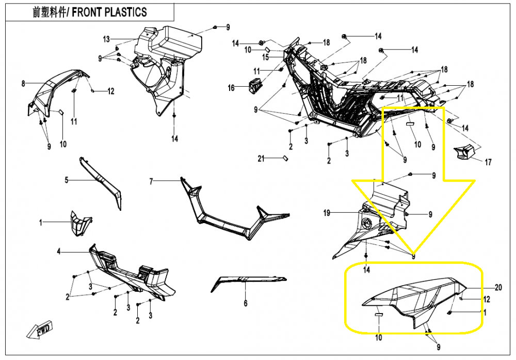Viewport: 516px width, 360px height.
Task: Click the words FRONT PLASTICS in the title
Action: [109, 12]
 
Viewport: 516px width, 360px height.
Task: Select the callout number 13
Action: [106, 39]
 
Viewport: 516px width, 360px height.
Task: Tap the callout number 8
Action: [23, 84]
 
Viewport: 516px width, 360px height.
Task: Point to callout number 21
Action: [261, 159]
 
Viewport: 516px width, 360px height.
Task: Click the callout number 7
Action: [151, 181]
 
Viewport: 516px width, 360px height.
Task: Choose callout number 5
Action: [67, 180]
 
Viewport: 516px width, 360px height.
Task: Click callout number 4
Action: [59, 252]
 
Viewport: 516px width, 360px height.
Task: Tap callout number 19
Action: [327, 213]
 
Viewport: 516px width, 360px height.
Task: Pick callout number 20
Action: [498, 288]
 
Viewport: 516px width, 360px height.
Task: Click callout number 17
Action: [488, 162]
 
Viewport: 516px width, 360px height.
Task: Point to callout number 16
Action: [231, 88]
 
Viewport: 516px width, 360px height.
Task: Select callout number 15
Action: [266, 57]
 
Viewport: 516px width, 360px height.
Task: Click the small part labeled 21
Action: [285, 159]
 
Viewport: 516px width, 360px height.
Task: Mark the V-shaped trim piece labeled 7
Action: [235, 210]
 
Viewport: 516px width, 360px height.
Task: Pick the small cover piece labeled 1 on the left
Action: [81, 224]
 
